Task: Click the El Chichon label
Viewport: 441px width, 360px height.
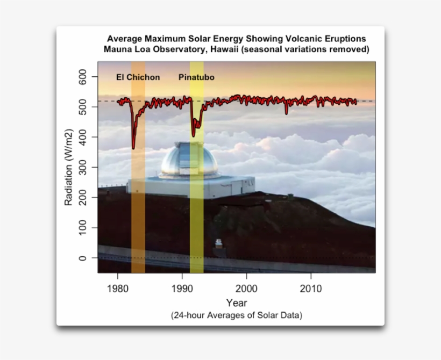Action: (138, 77)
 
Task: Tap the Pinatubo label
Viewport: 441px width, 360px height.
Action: (196, 77)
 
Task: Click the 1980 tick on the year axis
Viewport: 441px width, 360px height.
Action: (118, 289)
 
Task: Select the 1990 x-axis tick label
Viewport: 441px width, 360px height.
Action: (182, 289)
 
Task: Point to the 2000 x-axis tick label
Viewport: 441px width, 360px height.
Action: (246, 289)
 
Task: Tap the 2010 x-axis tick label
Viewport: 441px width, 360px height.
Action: (311, 289)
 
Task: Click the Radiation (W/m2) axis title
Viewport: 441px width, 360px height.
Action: (69, 168)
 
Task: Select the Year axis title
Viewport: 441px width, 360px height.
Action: (237, 303)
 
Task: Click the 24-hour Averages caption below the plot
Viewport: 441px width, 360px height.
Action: (237, 315)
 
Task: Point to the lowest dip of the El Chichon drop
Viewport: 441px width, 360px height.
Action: (133, 148)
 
